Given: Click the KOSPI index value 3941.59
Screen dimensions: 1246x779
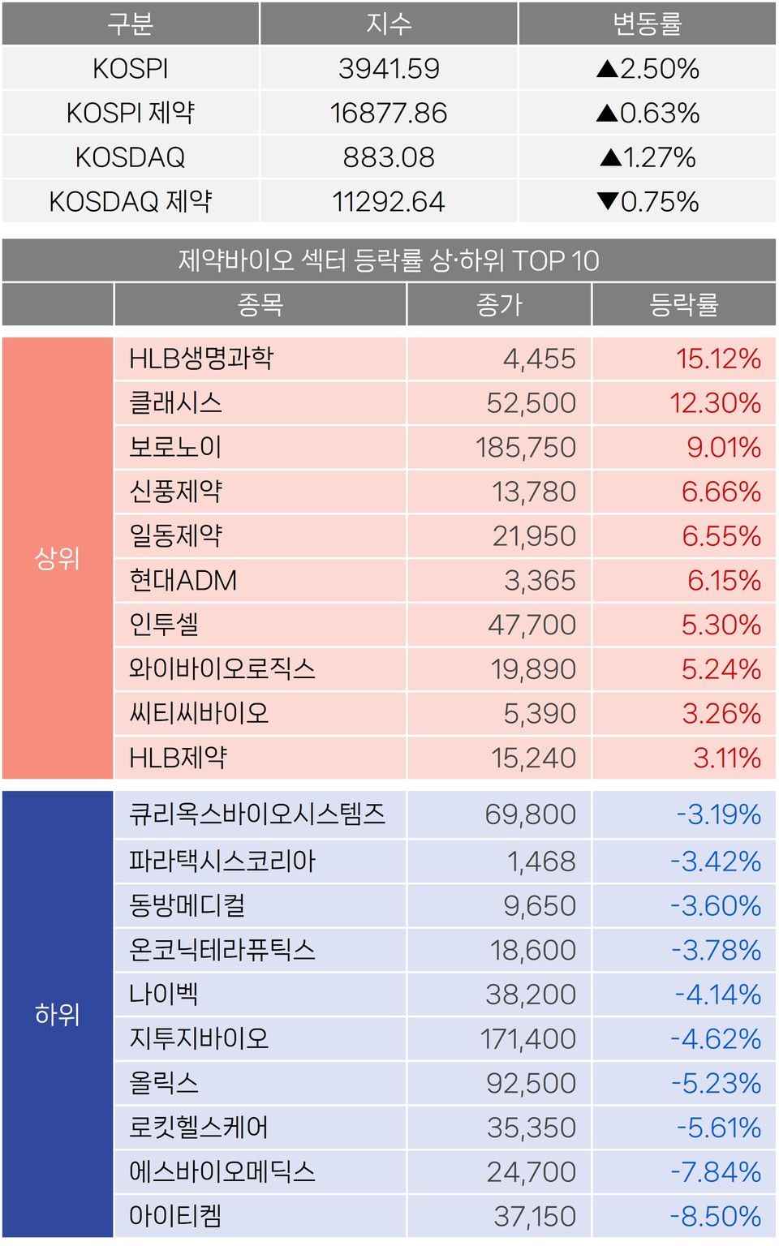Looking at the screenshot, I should pyautogui.click(x=389, y=69).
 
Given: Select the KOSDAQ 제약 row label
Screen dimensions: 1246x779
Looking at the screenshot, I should pyautogui.click(x=131, y=201).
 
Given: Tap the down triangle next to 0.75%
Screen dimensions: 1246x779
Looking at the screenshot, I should pyautogui.click(x=608, y=201).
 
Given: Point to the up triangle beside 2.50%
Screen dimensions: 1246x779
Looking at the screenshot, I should pyautogui.click(x=607, y=69).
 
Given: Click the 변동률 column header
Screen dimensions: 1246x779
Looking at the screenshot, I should pyautogui.click(x=647, y=24).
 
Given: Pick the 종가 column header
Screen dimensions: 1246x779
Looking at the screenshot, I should pyautogui.click(x=499, y=305).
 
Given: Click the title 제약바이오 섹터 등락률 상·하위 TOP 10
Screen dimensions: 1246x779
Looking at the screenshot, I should pyautogui.click(x=389, y=260).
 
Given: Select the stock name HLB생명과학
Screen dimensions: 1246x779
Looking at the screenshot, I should pyautogui.click(x=201, y=359).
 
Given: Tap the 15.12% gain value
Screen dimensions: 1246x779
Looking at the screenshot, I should pyautogui.click(x=718, y=359).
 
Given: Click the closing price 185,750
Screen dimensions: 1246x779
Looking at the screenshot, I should pyautogui.click(x=526, y=447).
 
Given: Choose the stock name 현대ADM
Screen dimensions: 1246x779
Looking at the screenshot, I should pyautogui.click(x=183, y=580).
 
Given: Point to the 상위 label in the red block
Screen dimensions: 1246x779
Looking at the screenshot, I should pyautogui.click(x=57, y=558).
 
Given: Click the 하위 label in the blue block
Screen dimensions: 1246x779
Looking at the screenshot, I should pyautogui.click(x=57, y=1014).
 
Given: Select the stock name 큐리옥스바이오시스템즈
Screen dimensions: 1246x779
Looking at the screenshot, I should pyautogui.click(x=257, y=814).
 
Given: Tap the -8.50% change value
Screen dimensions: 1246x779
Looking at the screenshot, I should pyautogui.click(x=716, y=1216).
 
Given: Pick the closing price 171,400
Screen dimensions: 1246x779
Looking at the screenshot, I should pyautogui.click(x=528, y=1038).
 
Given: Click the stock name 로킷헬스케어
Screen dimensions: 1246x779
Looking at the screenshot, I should pyautogui.click(x=199, y=1127).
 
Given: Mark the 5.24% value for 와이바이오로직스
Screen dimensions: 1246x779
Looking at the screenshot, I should pyautogui.click(x=721, y=669).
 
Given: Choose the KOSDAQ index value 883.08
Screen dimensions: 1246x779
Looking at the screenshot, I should pyautogui.click(x=389, y=157).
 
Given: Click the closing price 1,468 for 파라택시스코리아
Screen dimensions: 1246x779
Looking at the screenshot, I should pyautogui.click(x=541, y=861).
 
